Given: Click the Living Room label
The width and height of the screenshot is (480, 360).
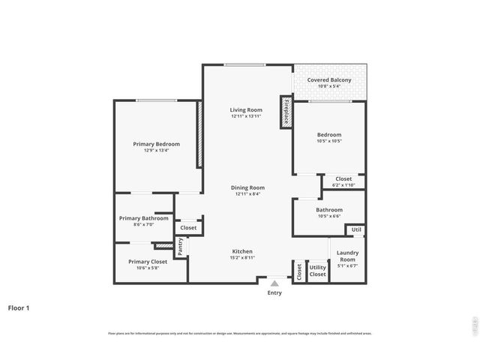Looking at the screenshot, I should coord(246,110).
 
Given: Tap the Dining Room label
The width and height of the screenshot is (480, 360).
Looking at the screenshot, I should coord(246,187).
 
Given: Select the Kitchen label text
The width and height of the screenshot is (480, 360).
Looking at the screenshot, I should coord(242,251).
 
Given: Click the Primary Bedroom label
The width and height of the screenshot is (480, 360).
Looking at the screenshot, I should coord(156,143).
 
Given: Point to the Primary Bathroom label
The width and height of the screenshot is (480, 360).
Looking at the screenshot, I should coord(143,217).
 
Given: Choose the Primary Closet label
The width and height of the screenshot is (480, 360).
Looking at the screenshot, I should coord(147,261).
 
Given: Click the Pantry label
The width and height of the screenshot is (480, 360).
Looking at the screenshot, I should coord(180,245).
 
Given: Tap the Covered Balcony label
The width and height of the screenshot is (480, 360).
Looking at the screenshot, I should coord(329,79).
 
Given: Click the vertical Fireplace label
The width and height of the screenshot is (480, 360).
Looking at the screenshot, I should coord(286,112).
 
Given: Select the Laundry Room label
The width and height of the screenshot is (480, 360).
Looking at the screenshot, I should coord(347,256).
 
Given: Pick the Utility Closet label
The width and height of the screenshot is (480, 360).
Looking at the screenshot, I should coord(318,271).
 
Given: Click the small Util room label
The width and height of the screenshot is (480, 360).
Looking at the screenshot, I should coord(356,229).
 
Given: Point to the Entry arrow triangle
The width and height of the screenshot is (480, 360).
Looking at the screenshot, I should coord(275,283).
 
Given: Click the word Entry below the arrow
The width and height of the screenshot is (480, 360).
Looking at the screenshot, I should coord(275,292).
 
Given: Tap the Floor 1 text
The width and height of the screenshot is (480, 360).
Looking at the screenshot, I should coord(19,307).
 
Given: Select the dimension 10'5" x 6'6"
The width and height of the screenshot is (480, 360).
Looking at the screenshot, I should coord(328,216).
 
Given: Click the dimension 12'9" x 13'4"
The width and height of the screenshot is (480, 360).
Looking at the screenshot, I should coord(156,150).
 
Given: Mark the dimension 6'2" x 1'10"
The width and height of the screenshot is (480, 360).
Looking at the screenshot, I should coord(343,185).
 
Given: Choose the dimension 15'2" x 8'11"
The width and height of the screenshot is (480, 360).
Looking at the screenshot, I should coord(242,258).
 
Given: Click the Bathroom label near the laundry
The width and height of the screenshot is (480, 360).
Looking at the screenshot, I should coord(328,209).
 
